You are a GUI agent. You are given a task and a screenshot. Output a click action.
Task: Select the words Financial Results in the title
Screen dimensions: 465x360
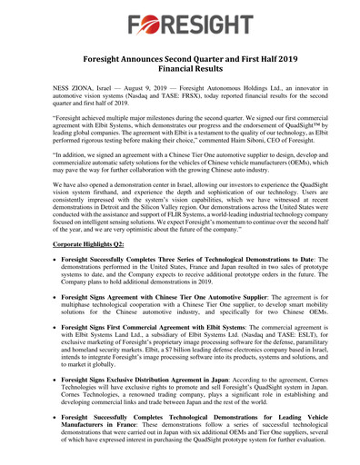(x=179, y=72)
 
